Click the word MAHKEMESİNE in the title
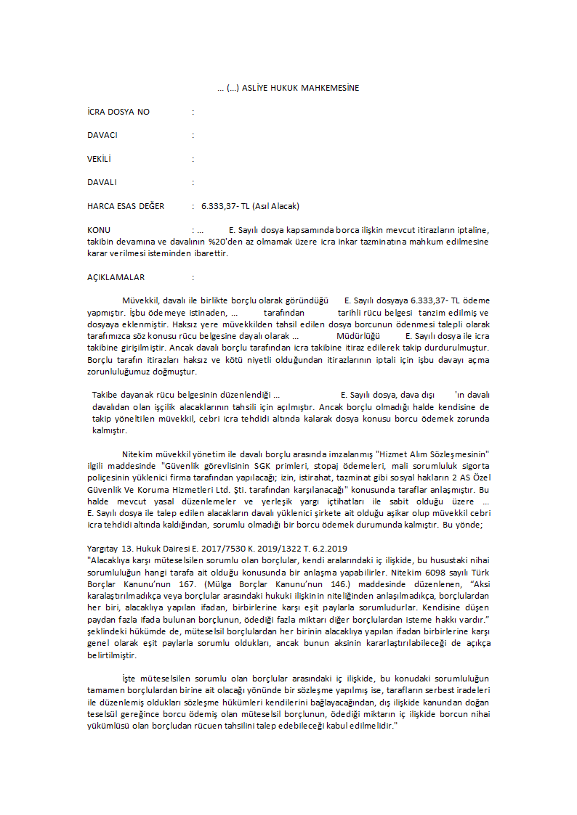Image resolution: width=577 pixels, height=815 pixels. tap(331, 88)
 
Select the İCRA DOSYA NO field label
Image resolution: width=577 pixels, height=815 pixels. tap(118, 112)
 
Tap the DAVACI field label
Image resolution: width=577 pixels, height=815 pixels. tap(102, 135)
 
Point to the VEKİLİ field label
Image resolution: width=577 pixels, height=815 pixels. tap(100, 159)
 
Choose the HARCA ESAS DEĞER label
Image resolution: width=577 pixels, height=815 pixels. tap(126, 206)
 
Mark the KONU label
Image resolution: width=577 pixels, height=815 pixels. tap(99, 230)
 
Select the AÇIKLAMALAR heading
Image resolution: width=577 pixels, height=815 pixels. tap(116, 277)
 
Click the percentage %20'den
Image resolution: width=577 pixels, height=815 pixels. tap(225, 242)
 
